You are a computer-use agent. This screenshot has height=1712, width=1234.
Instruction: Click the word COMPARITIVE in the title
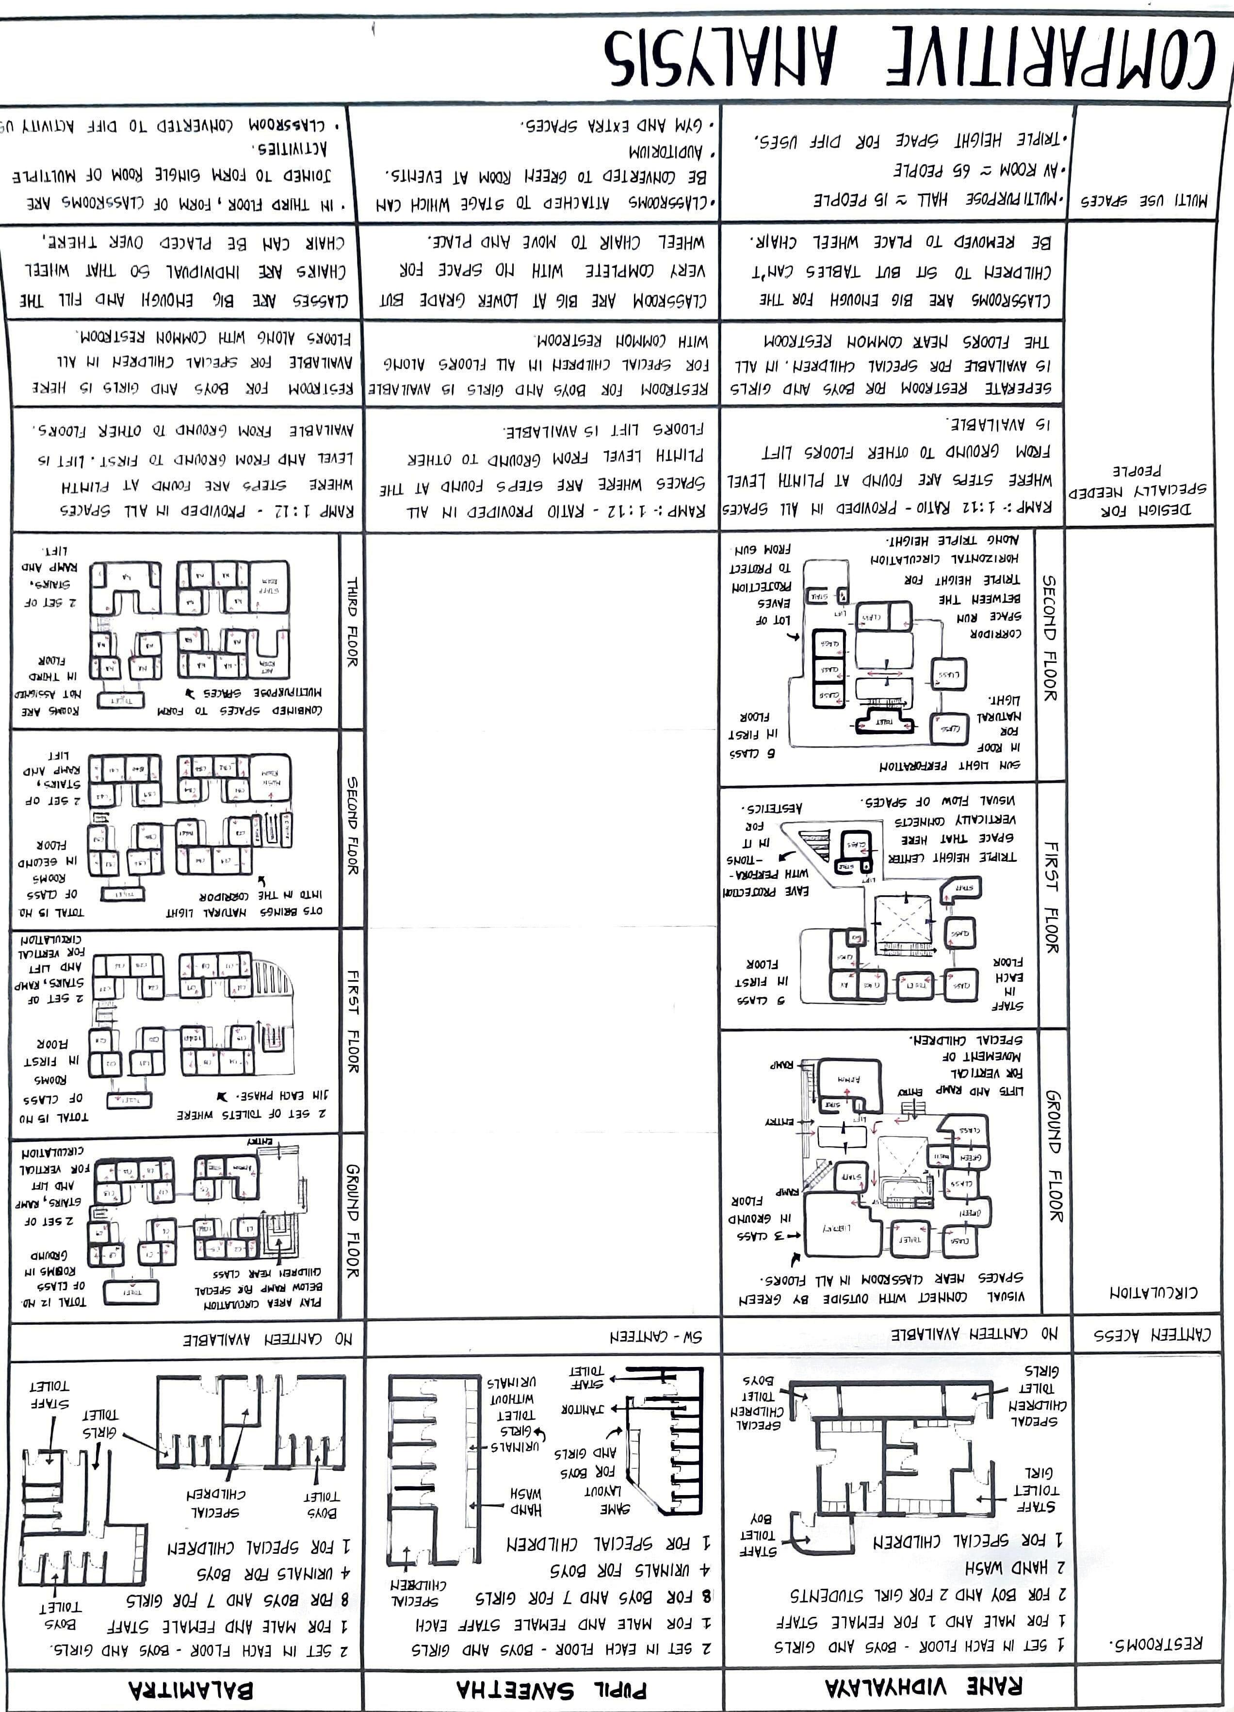click(1049, 62)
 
